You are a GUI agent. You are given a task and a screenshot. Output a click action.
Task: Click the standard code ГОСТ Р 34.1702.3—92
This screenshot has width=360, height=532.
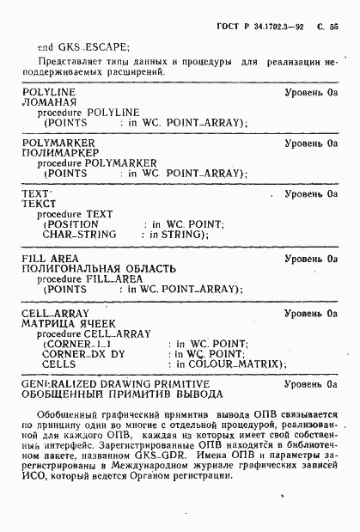[261, 28]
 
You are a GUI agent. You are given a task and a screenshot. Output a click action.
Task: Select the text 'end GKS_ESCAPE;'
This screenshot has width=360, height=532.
[84, 48]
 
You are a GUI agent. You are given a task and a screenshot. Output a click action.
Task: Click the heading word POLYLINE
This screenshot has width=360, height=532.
[49, 91]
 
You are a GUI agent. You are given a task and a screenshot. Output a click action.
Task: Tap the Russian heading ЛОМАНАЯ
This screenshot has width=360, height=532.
[51, 101]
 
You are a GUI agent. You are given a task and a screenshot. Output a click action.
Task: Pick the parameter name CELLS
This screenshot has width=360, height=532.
[58, 364]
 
